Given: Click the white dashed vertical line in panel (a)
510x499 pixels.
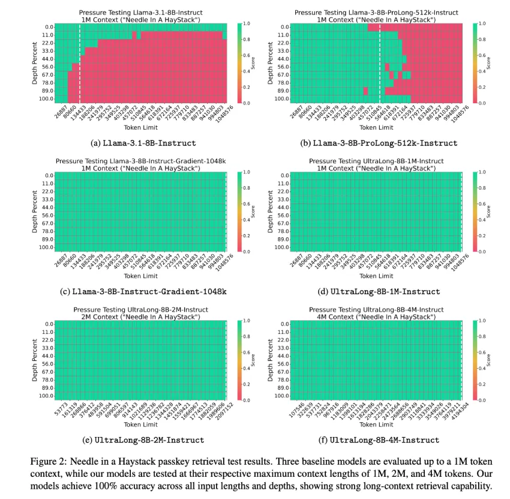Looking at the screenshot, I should pyautogui.click(x=80, y=62).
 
